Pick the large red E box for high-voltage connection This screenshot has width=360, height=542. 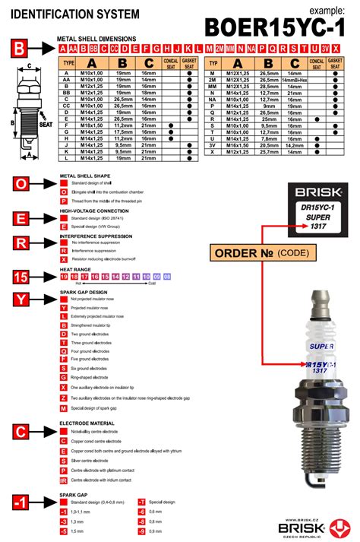pos(23,218)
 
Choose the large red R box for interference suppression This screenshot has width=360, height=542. pos(23,243)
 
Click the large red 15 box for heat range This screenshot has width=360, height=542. pos(23,277)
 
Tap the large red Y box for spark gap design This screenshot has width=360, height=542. pos(23,300)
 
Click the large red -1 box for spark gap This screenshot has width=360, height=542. pos(23,502)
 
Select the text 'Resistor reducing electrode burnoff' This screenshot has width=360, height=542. pos(106,259)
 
